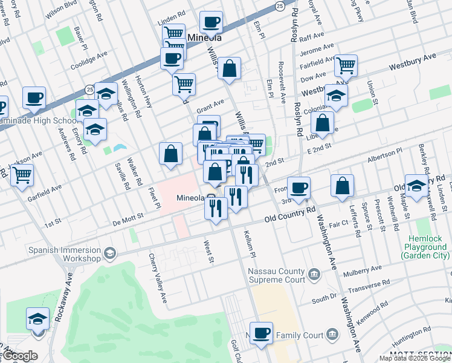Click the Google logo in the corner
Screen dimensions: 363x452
[x=19, y=356]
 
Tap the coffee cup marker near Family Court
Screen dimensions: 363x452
[x=261, y=332]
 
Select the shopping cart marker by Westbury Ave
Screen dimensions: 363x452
[x=346, y=65]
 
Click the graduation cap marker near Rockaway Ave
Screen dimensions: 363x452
[x=37, y=318]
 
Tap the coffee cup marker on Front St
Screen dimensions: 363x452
[x=298, y=187]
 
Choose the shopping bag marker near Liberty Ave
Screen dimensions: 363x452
[x=323, y=123]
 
